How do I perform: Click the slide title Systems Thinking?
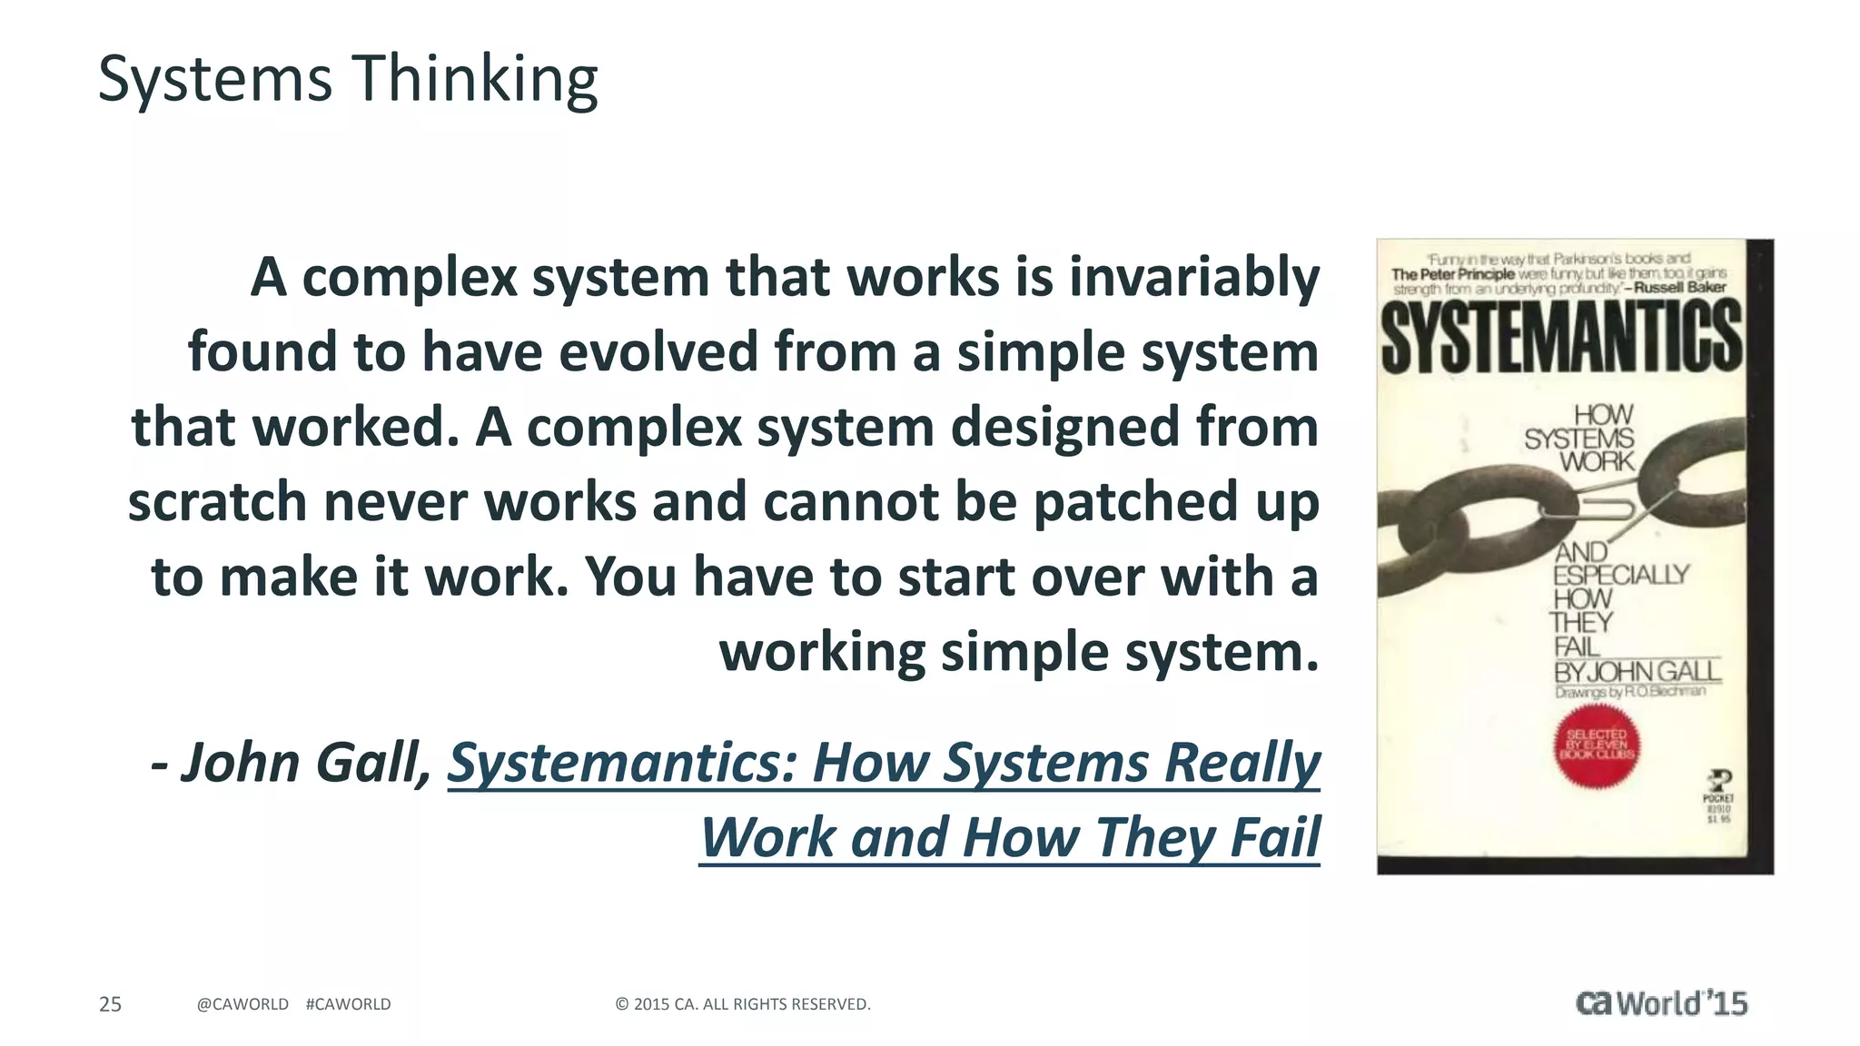(348, 80)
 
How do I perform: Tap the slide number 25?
(110, 1004)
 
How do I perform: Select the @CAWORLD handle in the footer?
(242, 1004)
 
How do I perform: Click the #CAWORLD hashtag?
(349, 1004)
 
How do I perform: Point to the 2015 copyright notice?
(743, 1004)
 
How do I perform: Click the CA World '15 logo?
(1661, 1003)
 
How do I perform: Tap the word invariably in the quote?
(1194, 277)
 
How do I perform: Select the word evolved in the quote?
(658, 352)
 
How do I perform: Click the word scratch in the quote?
(217, 502)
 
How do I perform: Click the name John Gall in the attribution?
(304, 763)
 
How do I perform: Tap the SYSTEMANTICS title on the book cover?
(1561, 336)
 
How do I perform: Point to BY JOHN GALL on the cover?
(1637, 672)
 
